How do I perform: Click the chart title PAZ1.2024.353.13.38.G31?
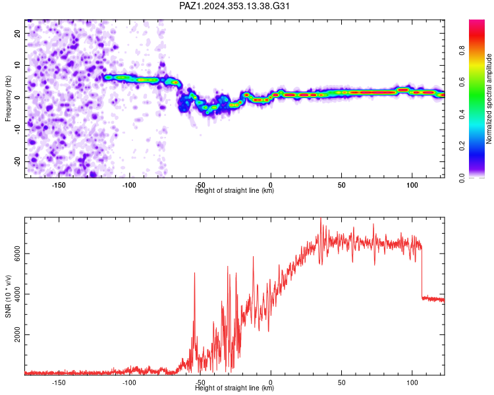click(234, 6)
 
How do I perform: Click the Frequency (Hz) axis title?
click(8, 99)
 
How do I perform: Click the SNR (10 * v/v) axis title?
click(8, 296)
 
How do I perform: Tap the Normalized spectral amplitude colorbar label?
click(489, 99)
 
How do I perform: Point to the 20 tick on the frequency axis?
click(17, 34)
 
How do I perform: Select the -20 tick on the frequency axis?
click(17, 161)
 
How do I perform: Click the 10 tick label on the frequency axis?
click(17, 65)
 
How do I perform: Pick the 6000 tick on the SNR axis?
click(17, 253)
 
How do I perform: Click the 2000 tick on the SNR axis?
click(17, 334)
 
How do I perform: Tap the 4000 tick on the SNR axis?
click(17, 294)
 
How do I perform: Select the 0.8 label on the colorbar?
click(462, 51)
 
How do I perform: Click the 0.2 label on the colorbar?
click(462, 146)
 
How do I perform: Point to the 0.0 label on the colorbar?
click(462, 178)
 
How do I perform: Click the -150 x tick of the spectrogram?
click(59, 185)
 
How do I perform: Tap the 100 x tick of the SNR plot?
click(412, 382)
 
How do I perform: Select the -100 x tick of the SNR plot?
click(129, 382)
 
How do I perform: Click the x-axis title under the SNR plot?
click(234, 388)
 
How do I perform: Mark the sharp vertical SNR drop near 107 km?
click(422, 273)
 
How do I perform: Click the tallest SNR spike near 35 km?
click(321, 221)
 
